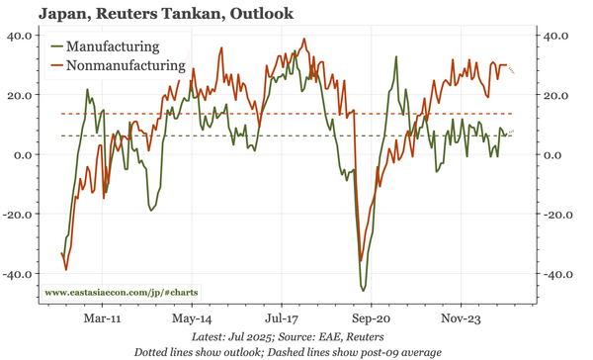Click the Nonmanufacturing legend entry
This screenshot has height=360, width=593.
click(x=125, y=66)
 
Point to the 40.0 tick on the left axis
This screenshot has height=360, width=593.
click(x=20, y=36)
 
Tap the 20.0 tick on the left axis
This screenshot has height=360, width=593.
click(x=20, y=95)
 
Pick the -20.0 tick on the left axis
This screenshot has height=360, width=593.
click(x=18, y=214)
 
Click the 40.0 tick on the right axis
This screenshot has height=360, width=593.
click(x=559, y=36)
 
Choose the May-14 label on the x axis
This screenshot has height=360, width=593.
click(x=191, y=320)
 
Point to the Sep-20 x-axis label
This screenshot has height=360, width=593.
click(x=373, y=320)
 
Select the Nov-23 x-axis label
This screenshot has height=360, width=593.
click(x=463, y=320)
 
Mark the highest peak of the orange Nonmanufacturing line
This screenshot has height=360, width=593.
click(x=304, y=40)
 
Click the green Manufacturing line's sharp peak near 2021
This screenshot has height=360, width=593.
click(x=395, y=56)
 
